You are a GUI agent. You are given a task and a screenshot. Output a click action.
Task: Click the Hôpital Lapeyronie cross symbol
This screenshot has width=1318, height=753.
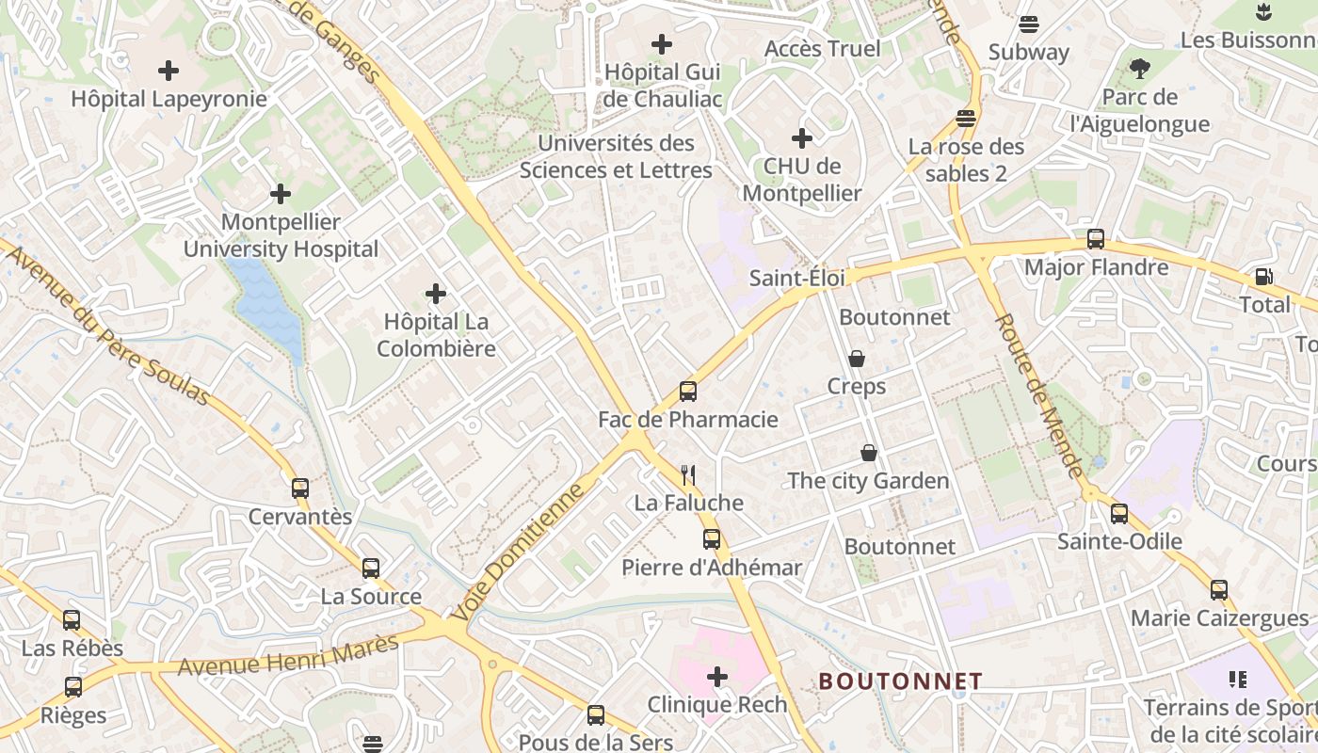[169, 71]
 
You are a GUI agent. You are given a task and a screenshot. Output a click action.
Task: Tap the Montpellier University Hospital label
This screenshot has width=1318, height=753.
[281, 235]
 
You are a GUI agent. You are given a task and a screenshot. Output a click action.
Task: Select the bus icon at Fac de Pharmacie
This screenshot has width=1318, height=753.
[688, 392]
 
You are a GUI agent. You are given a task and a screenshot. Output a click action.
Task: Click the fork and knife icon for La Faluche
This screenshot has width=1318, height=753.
[689, 474]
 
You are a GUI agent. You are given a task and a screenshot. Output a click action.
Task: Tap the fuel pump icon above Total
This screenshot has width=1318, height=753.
[1263, 277]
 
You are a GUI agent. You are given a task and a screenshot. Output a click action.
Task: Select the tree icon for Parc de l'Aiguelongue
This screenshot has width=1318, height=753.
[1140, 69]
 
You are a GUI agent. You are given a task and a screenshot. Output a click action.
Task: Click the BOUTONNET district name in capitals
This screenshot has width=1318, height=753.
[900, 681]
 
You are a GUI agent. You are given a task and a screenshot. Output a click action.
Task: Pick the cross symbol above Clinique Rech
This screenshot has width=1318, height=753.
[717, 677]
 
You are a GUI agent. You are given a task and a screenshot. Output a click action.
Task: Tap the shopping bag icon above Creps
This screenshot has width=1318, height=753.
[857, 359]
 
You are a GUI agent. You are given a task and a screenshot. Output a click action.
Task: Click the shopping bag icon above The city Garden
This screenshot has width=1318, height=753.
[869, 454]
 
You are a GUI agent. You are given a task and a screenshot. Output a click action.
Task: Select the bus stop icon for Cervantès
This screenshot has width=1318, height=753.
[300, 489]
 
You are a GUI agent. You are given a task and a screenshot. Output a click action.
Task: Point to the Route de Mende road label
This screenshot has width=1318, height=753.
[1039, 396]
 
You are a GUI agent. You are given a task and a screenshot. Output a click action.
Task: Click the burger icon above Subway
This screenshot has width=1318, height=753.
[1029, 24]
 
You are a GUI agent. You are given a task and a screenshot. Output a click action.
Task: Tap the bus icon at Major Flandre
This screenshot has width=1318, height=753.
[1096, 239]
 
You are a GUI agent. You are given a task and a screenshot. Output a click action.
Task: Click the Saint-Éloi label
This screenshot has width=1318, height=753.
[796, 278]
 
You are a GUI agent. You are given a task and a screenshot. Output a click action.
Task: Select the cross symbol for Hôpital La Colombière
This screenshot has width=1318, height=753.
[436, 295]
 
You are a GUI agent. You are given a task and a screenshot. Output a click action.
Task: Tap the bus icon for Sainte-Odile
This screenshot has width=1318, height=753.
[1119, 514]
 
